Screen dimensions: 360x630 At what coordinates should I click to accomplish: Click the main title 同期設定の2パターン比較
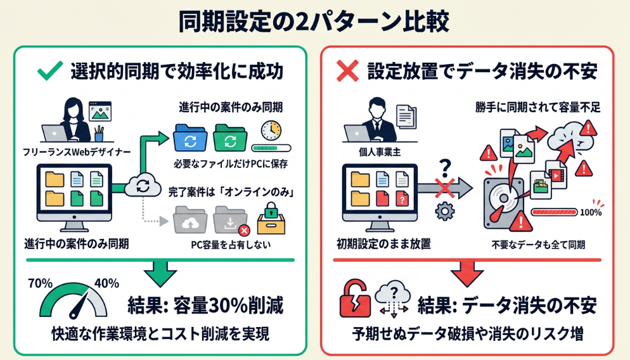[x=314, y=22]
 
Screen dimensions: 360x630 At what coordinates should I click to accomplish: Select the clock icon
[x=270, y=131]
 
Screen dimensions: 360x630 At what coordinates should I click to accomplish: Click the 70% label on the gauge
[x=40, y=283]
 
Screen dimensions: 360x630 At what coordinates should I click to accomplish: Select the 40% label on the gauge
[x=106, y=283]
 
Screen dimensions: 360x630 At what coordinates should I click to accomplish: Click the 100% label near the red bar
[x=589, y=212]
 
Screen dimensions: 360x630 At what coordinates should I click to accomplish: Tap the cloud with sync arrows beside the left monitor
[x=142, y=185]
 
